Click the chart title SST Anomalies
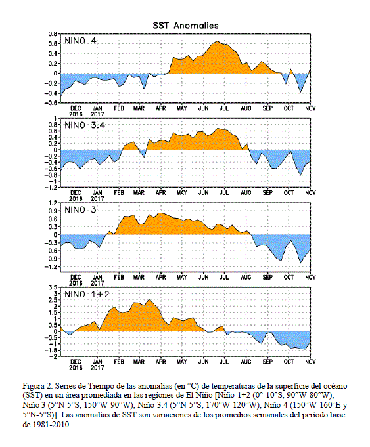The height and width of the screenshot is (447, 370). (185, 26)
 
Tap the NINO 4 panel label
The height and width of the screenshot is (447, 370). (80, 41)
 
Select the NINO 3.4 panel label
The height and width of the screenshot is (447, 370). (85, 125)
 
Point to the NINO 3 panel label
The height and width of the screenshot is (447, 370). (80, 210)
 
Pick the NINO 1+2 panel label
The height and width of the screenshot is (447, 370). (87, 294)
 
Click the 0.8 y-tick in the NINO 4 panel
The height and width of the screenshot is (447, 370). (53, 34)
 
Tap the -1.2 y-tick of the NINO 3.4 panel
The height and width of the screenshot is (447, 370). (51, 187)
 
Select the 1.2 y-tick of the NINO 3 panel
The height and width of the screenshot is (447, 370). (53, 203)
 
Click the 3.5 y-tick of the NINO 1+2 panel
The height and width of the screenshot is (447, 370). (53, 287)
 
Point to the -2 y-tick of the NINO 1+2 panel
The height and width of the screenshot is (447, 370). (54, 356)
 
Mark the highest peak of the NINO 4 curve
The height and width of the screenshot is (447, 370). (218, 41)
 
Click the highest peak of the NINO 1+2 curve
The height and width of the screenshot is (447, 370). (149, 299)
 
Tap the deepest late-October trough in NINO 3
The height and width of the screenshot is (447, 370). (300, 263)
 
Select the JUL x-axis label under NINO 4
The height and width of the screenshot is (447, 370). (224, 108)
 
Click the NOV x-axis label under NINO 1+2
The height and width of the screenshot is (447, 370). (310, 362)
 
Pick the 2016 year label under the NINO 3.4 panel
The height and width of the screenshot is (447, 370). (76, 198)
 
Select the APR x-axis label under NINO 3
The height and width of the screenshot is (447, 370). (161, 277)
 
